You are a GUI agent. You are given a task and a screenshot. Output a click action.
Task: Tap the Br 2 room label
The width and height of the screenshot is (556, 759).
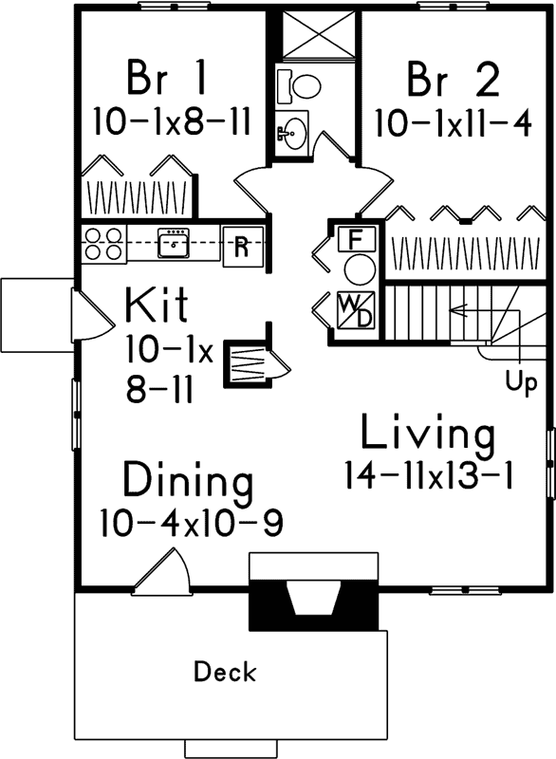click(453, 81)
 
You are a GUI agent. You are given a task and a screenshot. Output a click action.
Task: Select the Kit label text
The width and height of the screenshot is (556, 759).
click(157, 306)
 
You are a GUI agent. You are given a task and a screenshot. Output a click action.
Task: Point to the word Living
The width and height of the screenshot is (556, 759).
click(427, 435)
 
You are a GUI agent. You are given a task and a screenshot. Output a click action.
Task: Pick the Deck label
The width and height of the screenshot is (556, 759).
click(225, 673)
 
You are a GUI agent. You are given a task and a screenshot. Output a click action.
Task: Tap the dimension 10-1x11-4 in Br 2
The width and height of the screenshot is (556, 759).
click(453, 123)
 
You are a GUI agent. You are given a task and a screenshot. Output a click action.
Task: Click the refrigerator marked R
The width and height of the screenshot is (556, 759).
click(242, 246)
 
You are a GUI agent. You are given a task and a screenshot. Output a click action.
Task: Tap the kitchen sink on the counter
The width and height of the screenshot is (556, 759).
click(175, 245)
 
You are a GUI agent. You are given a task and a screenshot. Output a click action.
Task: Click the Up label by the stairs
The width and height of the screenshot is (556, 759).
click(520, 384)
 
